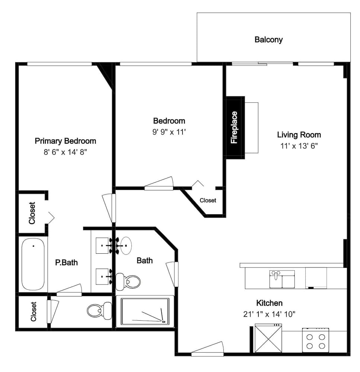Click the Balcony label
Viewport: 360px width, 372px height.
click(268, 40)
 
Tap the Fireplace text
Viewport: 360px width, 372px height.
click(234, 127)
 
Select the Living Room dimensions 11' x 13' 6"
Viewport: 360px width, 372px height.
click(299, 146)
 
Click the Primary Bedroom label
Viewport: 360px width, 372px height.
click(65, 141)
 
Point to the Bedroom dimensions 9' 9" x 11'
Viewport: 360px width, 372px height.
click(169, 132)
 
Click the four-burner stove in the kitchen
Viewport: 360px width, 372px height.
click(316, 340)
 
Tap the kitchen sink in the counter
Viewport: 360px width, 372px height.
click(282, 279)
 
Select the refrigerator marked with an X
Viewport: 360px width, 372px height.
click(268, 338)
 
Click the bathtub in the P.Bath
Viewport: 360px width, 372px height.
click(33, 264)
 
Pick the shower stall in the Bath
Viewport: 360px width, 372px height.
click(145, 311)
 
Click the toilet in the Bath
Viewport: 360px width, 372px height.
click(128, 282)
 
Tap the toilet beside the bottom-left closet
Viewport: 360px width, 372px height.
click(99, 311)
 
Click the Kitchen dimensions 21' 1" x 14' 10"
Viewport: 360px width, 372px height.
click(269, 314)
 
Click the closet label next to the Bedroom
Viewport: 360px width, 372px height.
click(208, 201)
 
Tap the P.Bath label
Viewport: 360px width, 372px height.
click(67, 263)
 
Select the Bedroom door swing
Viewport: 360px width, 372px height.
click(159, 184)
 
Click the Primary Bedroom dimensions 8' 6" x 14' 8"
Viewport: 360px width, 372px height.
click(65, 152)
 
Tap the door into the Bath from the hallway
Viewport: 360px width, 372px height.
click(172, 274)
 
